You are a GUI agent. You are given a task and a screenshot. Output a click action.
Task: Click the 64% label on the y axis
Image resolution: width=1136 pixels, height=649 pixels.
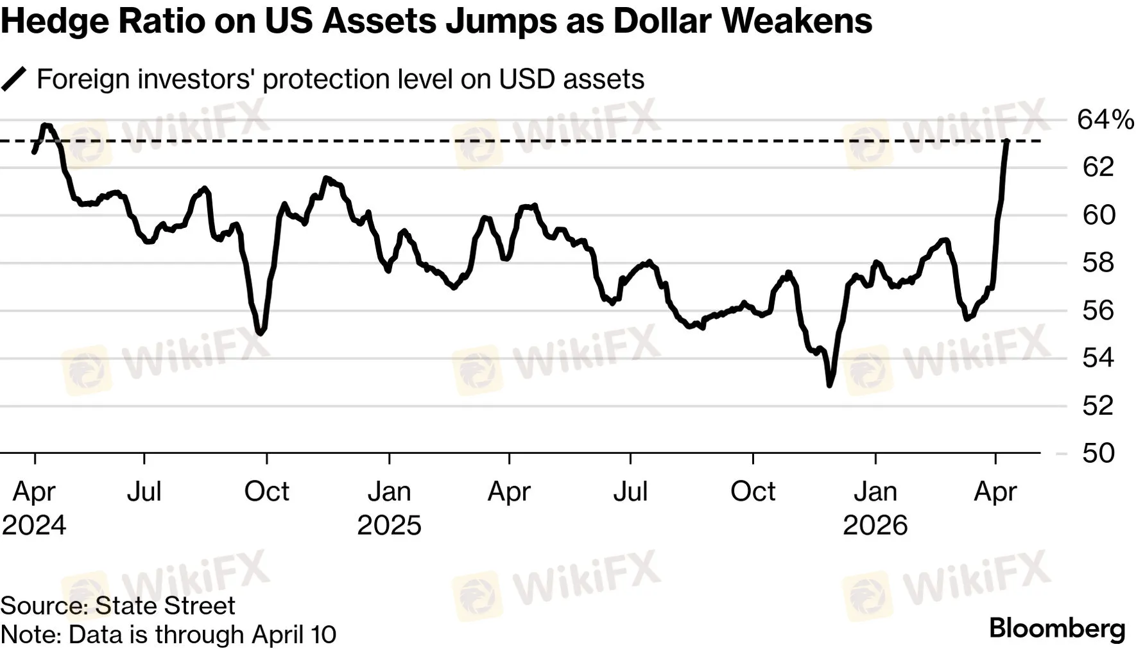1105,120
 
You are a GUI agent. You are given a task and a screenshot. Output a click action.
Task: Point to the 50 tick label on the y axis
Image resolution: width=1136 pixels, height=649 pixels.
1098,453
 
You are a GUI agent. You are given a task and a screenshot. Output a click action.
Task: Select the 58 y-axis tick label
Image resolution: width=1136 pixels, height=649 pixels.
1098,263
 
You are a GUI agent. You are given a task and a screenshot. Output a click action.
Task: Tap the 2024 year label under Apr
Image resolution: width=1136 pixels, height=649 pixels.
34,525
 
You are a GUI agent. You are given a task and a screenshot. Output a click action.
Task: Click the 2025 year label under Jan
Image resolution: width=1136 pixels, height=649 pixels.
389,525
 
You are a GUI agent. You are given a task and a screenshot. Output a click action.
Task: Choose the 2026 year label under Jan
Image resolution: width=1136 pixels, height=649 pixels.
875,525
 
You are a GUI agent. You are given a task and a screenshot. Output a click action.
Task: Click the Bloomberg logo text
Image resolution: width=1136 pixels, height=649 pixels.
1057,628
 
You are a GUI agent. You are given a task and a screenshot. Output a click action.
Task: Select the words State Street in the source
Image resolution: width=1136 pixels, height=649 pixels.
165,606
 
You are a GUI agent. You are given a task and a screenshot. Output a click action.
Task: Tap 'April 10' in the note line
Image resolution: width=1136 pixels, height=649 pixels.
294,634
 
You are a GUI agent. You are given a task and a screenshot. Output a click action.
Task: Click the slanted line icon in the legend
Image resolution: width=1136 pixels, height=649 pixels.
14,79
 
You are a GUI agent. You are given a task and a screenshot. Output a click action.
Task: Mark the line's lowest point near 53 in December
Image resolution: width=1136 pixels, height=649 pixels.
829,385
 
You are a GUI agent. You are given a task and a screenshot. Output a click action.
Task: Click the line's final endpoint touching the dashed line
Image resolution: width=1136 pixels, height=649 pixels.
1007,141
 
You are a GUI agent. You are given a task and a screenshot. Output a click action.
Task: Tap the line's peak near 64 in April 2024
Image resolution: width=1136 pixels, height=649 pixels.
45,125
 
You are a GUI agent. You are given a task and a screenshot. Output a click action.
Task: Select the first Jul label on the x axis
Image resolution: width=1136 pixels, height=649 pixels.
144,492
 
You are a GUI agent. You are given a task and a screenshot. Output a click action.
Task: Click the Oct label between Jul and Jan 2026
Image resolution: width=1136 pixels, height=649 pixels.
752,492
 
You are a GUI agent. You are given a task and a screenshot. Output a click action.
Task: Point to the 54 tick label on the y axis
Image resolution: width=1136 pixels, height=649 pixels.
1098,358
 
